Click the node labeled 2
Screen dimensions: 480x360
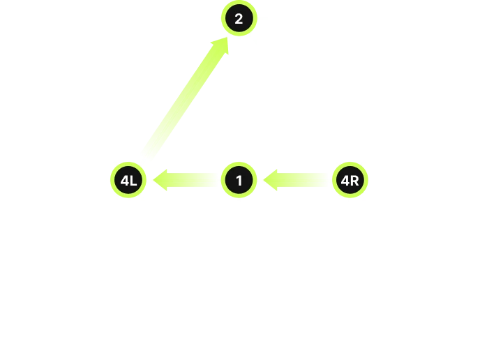pyautogui.click(x=239, y=18)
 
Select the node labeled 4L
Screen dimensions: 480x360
pyautogui.click(x=128, y=180)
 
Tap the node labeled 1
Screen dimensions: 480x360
pyautogui.click(x=239, y=180)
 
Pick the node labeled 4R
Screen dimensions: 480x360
pyautogui.click(x=350, y=180)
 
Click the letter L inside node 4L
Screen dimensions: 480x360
pyautogui.click(x=133, y=181)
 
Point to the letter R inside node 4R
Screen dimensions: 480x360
pyautogui.click(x=354, y=181)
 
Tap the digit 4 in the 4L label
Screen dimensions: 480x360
pyautogui.click(x=125, y=181)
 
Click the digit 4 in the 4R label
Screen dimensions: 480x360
pyautogui.click(x=345, y=181)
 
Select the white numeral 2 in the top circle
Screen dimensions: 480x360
pyautogui.click(x=239, y=19)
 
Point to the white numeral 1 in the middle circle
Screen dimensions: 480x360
pyautogui.click(x=239, y=181)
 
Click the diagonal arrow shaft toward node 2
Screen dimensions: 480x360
pyautogui.click(x=183, y=100)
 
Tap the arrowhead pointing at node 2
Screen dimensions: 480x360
pyautogui.click(x=222, y=45)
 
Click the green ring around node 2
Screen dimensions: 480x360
pyautogui.click(x=239, y=3)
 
